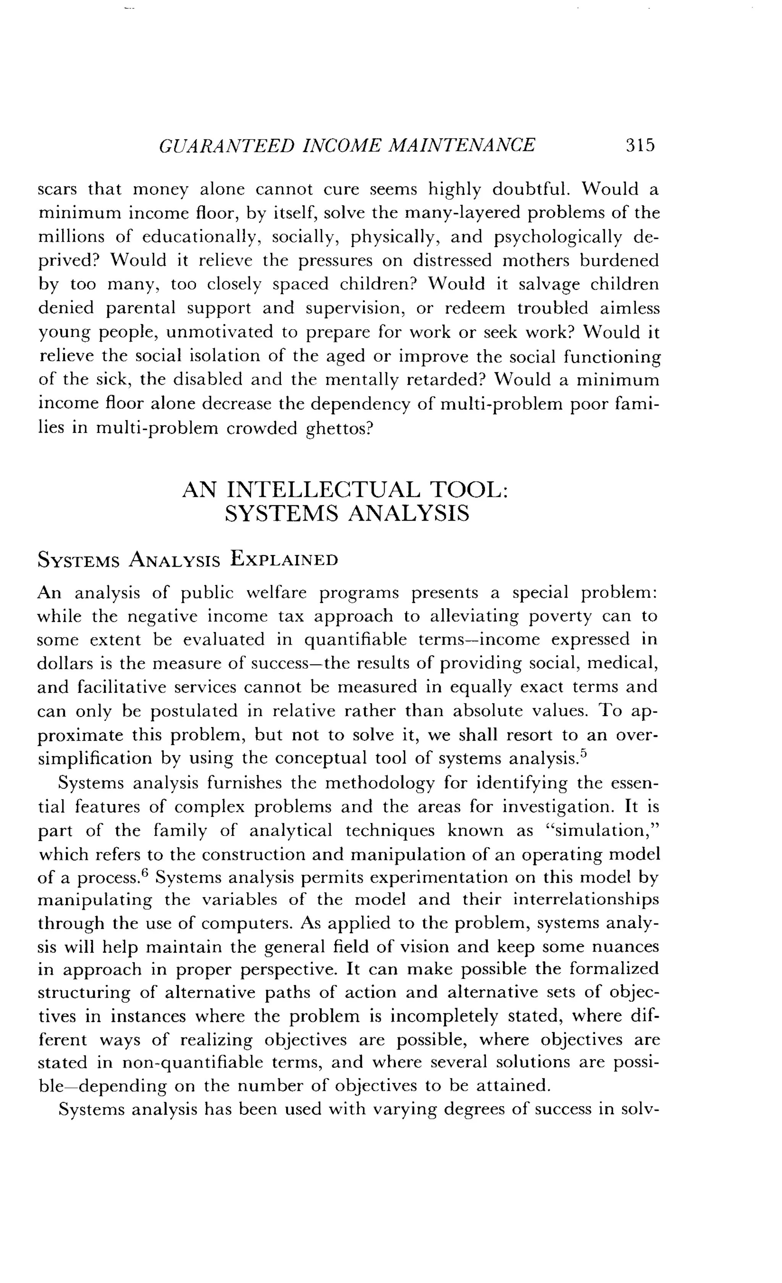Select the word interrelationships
click(x=586, y=900)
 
